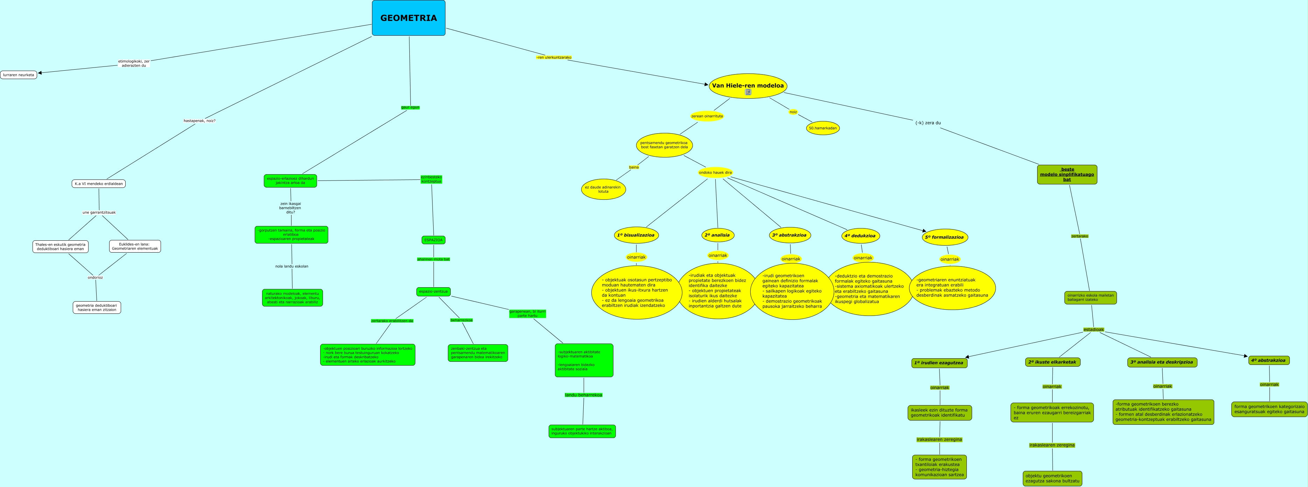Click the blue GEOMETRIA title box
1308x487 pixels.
click(x=408, y=18)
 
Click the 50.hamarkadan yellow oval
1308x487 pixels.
click(x=823, y=128)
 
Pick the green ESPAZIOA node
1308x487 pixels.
click(x=433, y=240)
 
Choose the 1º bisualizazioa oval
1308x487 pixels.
click(x=636, y=235)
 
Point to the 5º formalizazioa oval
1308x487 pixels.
click(x=944, y=237)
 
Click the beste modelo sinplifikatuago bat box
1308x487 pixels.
click(x=1067, y=174)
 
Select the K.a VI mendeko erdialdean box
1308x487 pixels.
click(x=99, y=184)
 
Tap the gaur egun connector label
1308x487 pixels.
click(x=410, y=107)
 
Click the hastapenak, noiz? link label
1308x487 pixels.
click(x=199, y=121)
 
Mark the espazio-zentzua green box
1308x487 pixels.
click(x=433, y=291)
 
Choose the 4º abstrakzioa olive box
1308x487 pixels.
click(x=1268, y=361)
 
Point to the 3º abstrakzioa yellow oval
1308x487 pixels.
click(x=789, y=235)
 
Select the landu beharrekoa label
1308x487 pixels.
click(x=583, y=395)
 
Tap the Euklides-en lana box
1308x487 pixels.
click(x=135, y=246)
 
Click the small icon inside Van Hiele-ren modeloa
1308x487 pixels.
click(x=748, y=92)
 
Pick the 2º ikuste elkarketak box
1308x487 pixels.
click(x=1052, y=362)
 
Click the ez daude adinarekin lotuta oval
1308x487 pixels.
click(x=603, y=189)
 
